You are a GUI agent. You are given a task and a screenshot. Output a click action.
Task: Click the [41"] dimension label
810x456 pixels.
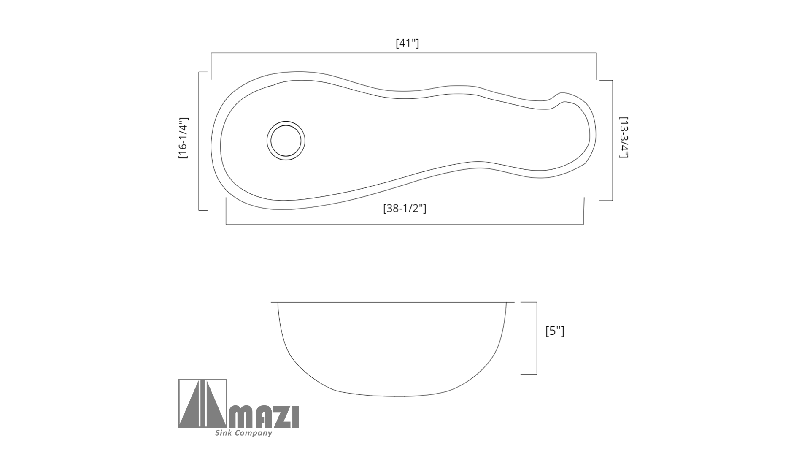point(407,43)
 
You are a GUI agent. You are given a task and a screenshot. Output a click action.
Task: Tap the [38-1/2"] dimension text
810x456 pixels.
point(405,208)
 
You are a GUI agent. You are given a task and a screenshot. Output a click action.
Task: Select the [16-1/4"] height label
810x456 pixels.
point(183,138)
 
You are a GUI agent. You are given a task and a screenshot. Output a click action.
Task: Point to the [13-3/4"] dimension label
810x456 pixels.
point(624,138)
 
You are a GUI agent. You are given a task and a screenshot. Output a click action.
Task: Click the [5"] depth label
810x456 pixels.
point(555,331)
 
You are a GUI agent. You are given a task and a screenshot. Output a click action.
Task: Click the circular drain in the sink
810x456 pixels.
point(286,141)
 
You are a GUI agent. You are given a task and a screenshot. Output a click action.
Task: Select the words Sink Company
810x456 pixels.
point(243,433)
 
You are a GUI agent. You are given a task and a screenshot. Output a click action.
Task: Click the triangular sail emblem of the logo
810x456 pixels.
point(202,403)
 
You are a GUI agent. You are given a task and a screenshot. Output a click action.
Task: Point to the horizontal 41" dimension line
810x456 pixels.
point(403,53)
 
